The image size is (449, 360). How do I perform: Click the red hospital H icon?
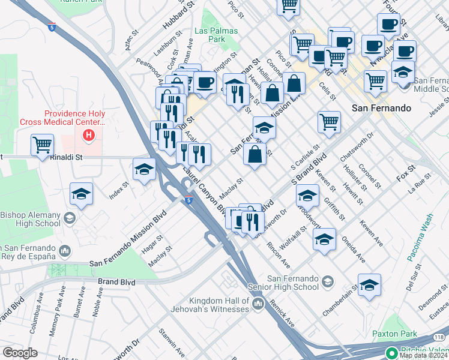point(89,136)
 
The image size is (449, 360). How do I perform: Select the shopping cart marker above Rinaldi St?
point(42,145)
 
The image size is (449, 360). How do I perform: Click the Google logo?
point(20,353)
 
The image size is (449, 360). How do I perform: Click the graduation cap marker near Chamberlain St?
point(369,284)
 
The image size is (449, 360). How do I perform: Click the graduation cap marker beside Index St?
point(144,170)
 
